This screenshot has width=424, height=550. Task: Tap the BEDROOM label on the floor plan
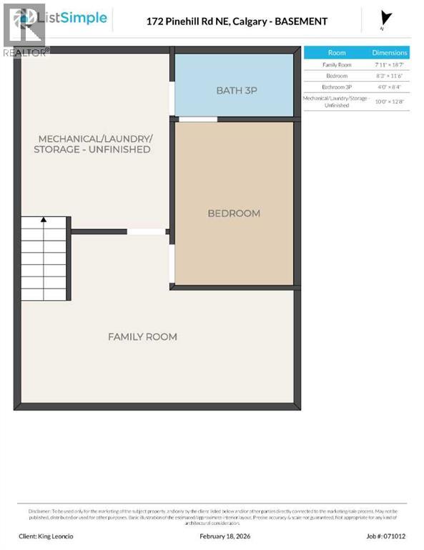click(234, 213)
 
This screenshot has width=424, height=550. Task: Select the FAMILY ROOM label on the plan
click(142, 337)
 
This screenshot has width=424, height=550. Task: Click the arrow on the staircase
click(44, 221)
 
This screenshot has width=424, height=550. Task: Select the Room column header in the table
click(336, 53)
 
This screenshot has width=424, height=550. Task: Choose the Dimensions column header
click(390, 53)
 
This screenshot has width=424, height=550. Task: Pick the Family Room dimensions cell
click(390, 65)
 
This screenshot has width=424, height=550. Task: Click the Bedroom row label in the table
click(336, 76)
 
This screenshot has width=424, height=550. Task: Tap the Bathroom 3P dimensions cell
click(390, 87)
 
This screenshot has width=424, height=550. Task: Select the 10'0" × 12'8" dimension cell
click(390, 101)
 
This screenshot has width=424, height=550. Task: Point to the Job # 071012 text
click(385, 536)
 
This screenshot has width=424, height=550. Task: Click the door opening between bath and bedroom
click(197, 119)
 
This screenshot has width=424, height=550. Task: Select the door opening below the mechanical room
click(146, 231)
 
